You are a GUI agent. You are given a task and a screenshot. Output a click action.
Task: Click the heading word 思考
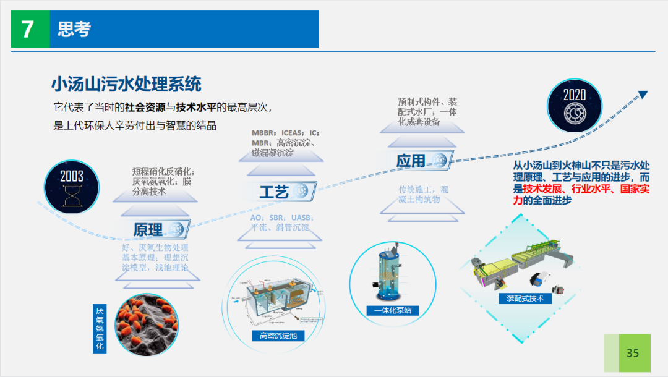[x=74, y=29]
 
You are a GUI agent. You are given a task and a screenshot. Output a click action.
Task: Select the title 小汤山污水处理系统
[x=126, y=84]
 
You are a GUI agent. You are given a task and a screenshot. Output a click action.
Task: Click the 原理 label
[x=148, y=230]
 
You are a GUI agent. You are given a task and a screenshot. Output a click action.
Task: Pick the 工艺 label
[x=274, y=192]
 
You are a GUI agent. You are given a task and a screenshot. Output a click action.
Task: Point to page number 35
[x=632, y=353]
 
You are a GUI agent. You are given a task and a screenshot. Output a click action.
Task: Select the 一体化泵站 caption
[x=392, y=310]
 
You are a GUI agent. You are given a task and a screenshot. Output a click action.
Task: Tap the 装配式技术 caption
[x=525, y=298]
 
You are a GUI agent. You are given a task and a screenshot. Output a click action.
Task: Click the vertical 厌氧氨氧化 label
[x=100, y=329]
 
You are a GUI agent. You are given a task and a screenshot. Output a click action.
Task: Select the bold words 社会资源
[x=145, y=107]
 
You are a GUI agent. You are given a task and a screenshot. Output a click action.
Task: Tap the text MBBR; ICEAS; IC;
[x=285, y=133]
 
